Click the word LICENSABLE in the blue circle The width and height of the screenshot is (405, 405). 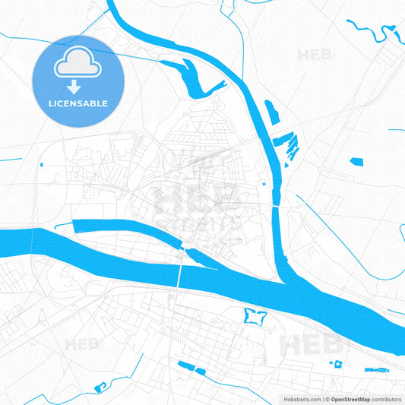click(77, 103)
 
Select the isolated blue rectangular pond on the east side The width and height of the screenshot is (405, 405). click(356, 160)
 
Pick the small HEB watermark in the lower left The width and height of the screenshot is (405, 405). click(82, 344)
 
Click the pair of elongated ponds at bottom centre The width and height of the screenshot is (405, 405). click(191, 368)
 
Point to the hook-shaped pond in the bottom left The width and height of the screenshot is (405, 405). click(100, 388)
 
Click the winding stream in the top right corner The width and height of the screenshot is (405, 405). click(372, 32)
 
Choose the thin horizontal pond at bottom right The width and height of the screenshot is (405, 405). click(378, 369)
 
